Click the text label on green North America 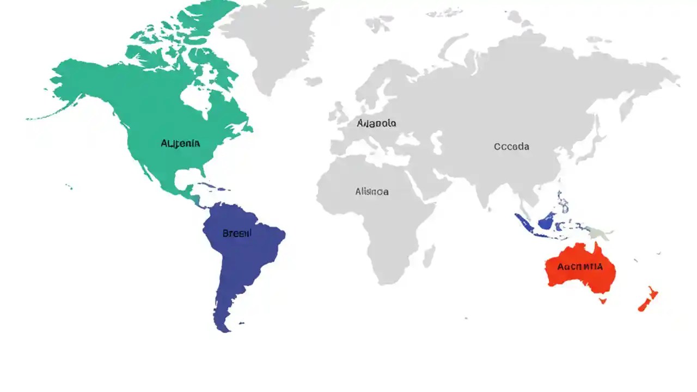coord(180,144)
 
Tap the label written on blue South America coord(237,234)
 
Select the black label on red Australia coord(580,267)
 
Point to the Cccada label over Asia coord(511,146)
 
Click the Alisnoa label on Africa coord(372,192)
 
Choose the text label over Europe coord(376,123)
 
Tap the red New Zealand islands coord(648,300)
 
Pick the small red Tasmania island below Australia coord(603,300)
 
